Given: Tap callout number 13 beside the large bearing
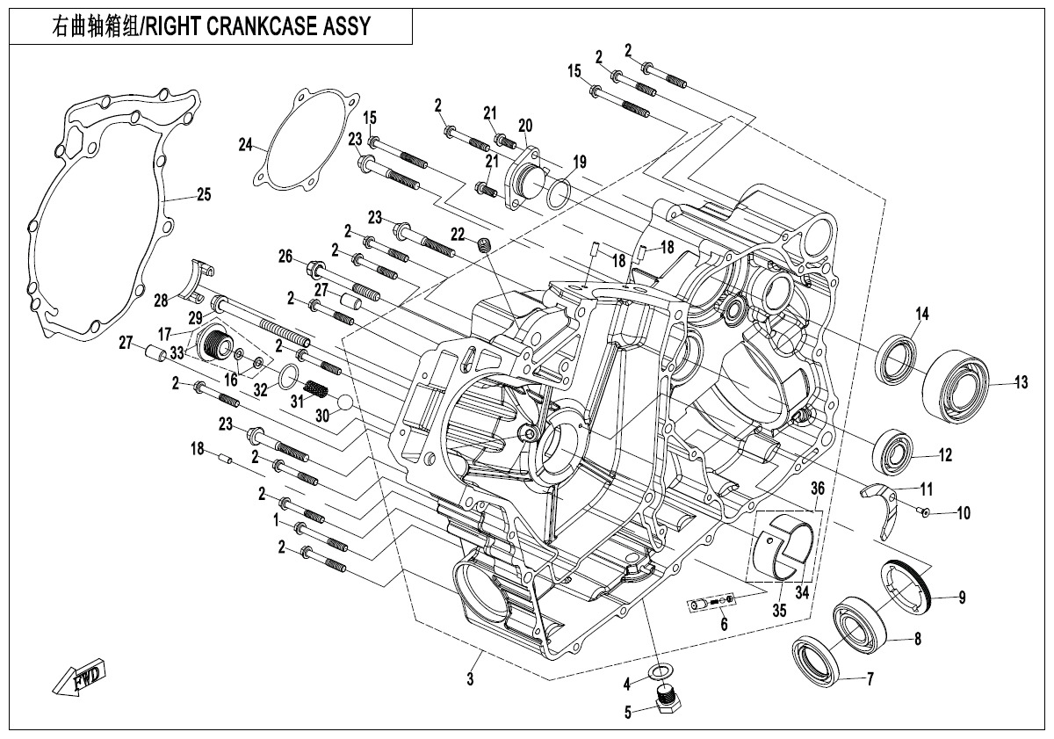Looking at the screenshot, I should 1021,382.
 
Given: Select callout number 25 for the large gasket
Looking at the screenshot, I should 203,195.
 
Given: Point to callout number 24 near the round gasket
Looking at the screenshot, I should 246,144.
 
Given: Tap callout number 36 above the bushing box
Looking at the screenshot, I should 818,488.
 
